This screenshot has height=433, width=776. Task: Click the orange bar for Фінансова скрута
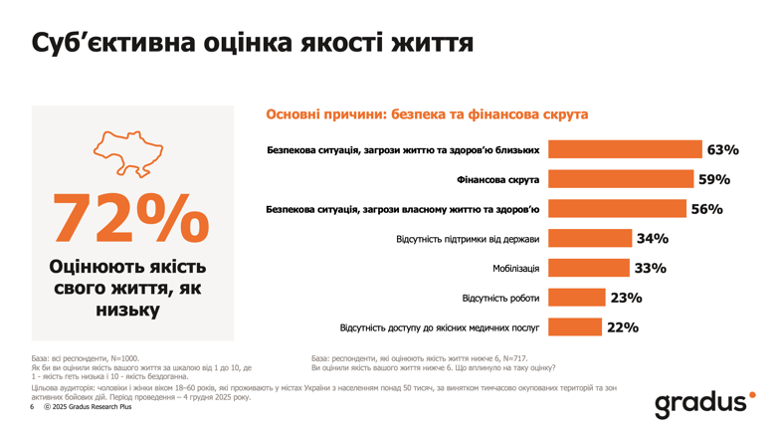pos(621,180)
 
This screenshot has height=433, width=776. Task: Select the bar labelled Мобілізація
pos(589,269)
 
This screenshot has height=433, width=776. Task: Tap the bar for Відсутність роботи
pos(577,298)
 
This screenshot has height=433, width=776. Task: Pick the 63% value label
pos(722,150)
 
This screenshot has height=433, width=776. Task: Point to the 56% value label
pos(706,209)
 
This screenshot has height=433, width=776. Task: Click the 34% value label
pos(653,239)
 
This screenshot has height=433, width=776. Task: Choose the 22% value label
pos(623,327)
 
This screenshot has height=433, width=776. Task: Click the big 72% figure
pos(130,216)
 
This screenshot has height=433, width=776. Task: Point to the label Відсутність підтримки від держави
pos(468,239)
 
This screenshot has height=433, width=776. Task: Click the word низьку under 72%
pos(129,311)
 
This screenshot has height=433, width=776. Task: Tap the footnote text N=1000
pos(123,357)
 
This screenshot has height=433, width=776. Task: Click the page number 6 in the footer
pos(32,408)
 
